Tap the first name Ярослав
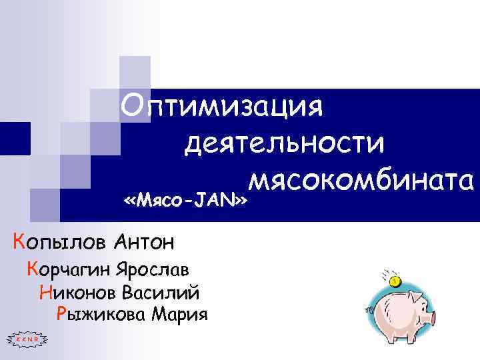(152, 270)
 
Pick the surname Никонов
(77, 292)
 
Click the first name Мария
(181, 313)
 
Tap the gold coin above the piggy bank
(396, 281)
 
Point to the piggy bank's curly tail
(369, 309)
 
